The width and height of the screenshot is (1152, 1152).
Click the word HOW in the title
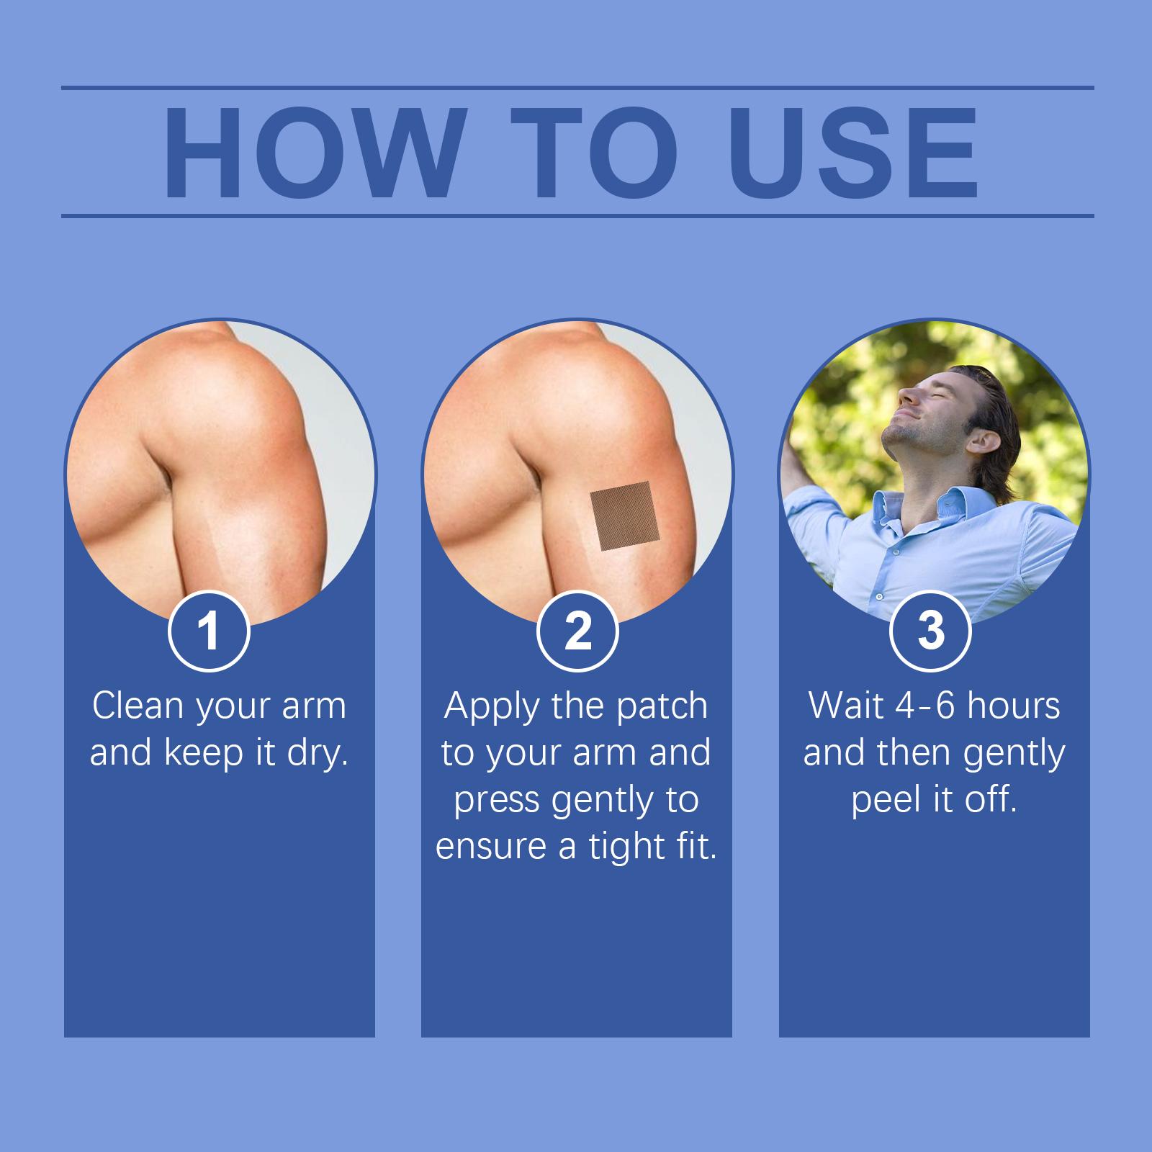[311, 152]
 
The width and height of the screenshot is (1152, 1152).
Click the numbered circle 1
[209, 631]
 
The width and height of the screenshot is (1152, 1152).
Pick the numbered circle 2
[577, 631]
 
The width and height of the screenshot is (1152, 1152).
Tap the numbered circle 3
[931, 631]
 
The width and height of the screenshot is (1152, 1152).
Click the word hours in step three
[1015, 706]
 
